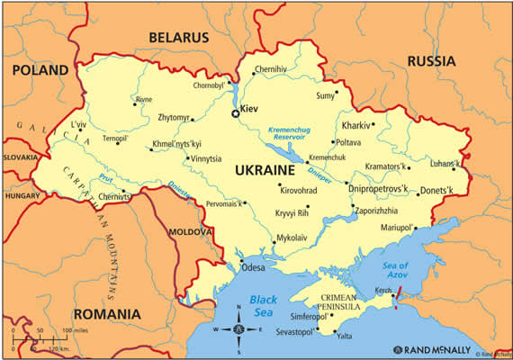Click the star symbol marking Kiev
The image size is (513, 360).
pos(236,113)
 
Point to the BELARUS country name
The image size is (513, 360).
pos(179,38)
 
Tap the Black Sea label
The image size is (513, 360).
pos(269,305)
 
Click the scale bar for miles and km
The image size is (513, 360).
pos(45,338)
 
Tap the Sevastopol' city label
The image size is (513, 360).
pos(292,333)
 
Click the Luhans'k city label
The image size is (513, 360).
pos(445,163)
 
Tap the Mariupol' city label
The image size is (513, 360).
pos(394,228)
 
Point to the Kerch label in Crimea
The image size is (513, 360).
pos(383,290)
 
